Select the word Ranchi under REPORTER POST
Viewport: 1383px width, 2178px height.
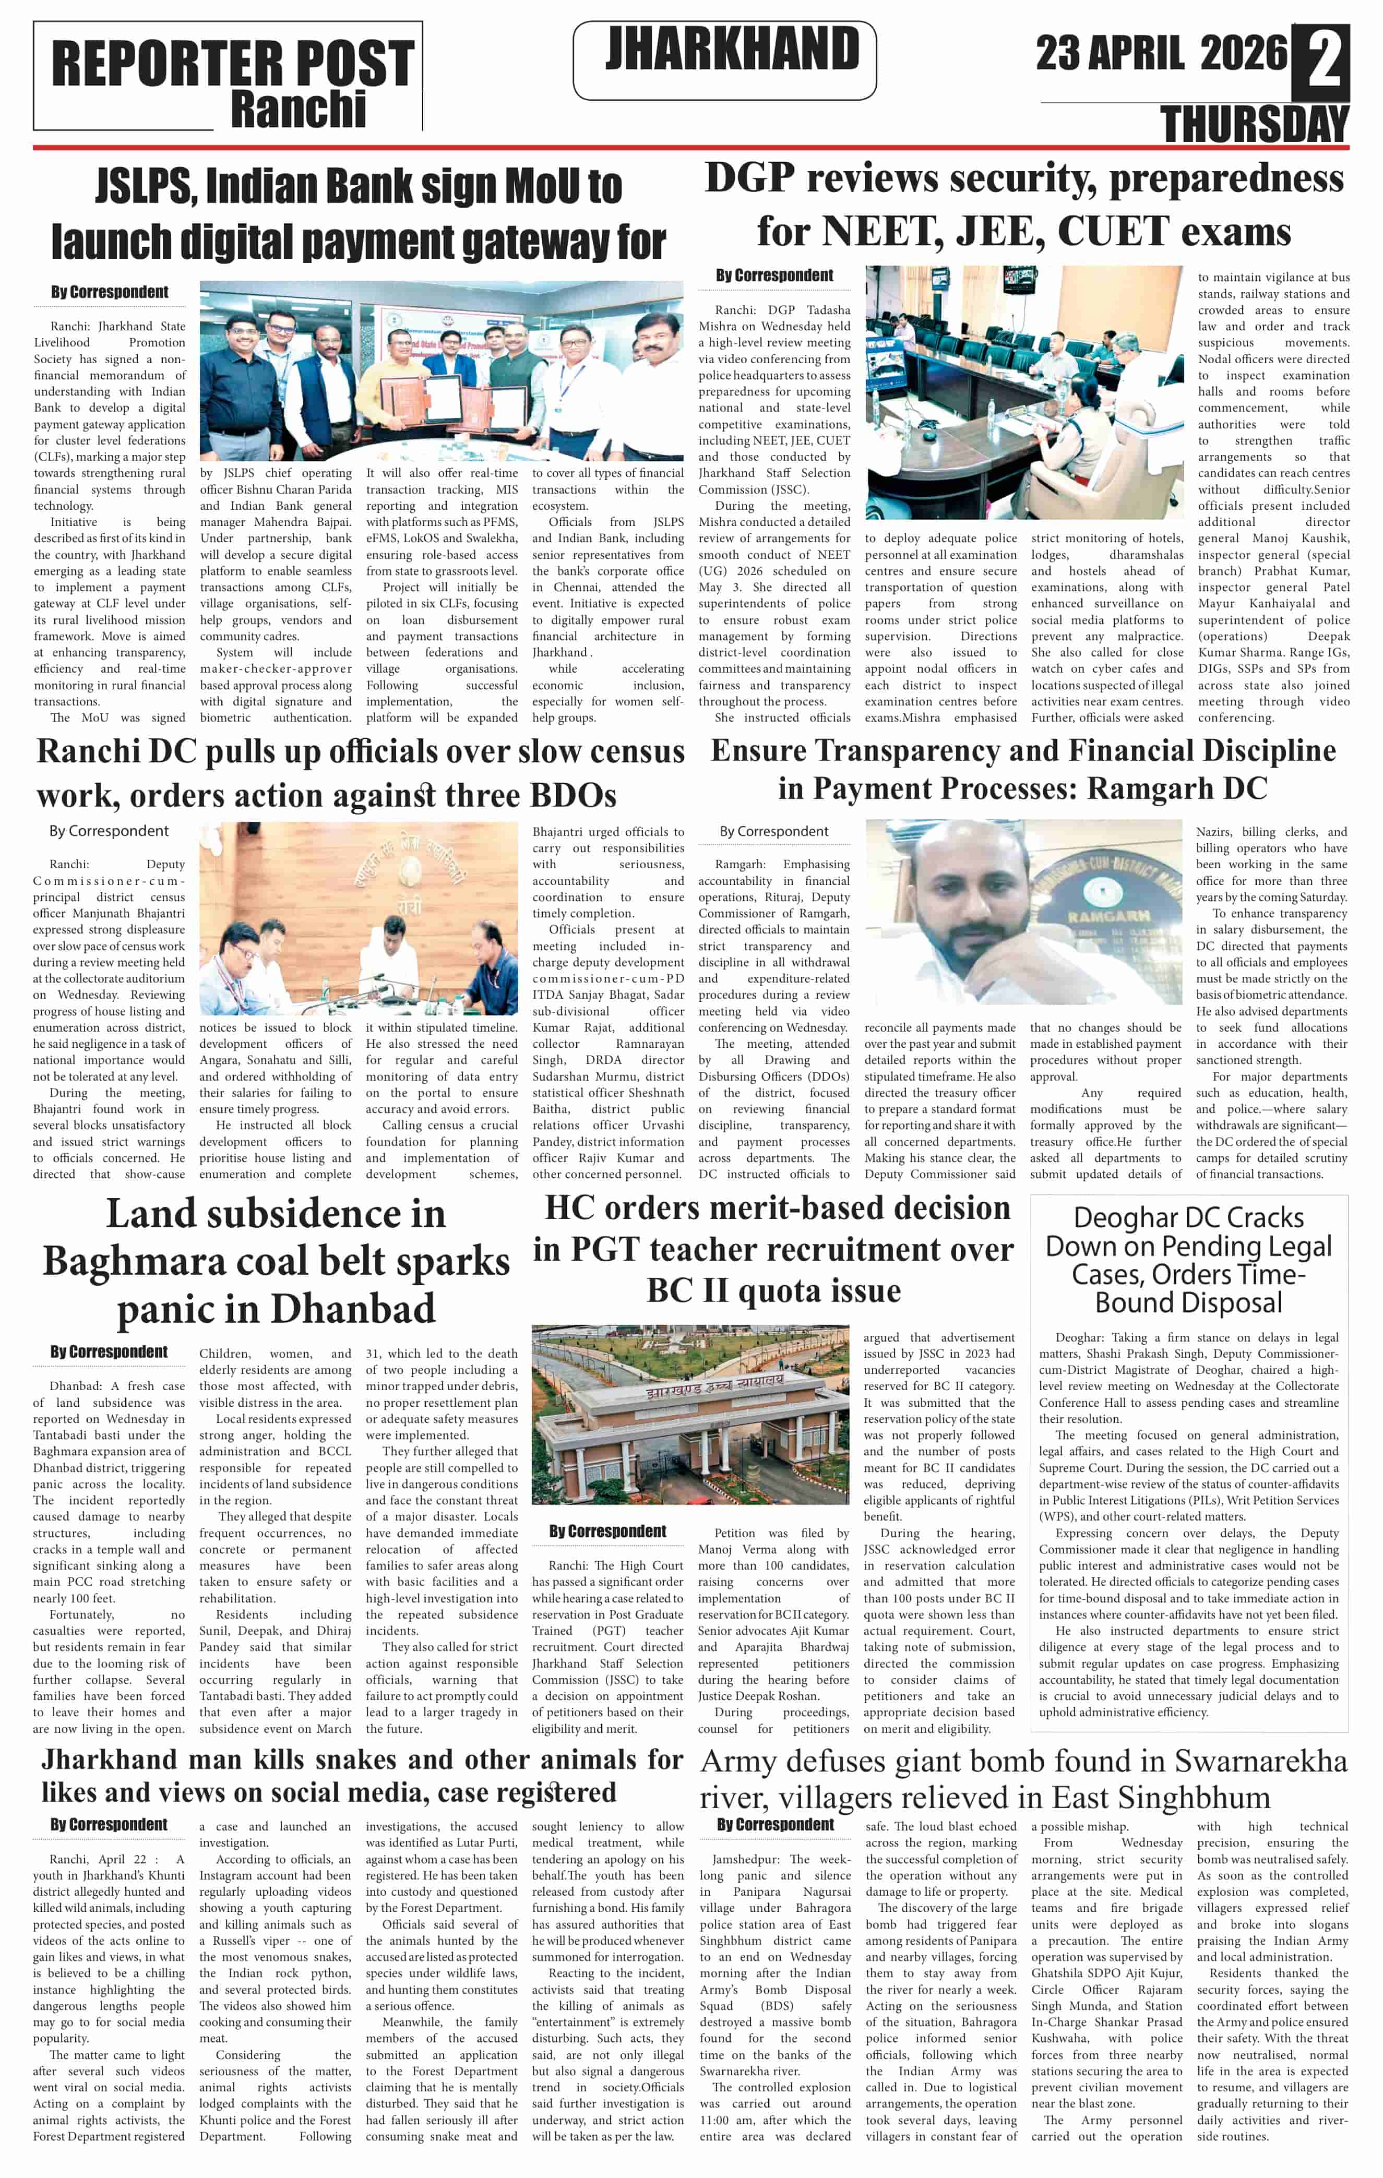299,110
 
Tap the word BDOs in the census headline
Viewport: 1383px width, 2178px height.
573,795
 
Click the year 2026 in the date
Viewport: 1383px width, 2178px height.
1243,53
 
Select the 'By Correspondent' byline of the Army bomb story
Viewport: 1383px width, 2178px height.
775,1824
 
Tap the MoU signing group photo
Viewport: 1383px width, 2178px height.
442,371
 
